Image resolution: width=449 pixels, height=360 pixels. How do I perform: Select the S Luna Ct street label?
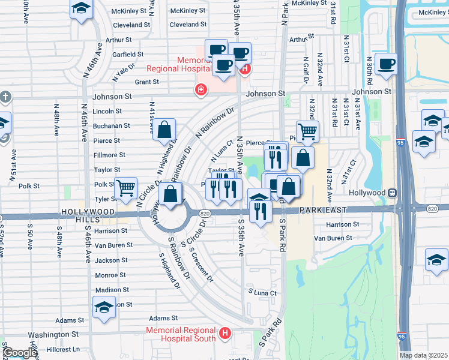pos(264,293)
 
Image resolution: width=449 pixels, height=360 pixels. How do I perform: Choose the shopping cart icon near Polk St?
pos(126,188)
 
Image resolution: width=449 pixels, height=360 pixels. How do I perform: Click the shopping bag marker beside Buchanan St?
pos(164,130)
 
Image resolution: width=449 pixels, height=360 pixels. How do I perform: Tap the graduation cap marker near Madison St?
pos(104,307)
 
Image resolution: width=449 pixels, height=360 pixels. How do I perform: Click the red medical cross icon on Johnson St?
pos(199,90)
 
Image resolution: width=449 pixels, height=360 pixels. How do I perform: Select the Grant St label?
pos(146,82)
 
